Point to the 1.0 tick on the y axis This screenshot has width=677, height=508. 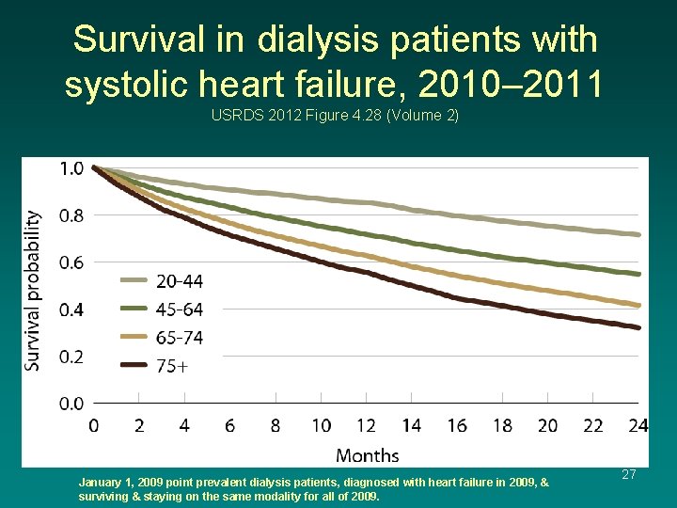(71, 168)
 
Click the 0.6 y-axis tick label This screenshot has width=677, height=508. (71, 262)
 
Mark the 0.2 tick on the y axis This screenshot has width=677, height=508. (71, 357)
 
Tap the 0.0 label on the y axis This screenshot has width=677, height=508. (71, 404)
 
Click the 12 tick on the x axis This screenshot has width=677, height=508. (366, 426)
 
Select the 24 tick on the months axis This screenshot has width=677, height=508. (638, 426)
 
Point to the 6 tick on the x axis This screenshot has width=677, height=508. (230, 426)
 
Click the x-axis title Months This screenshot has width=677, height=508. (367, 455)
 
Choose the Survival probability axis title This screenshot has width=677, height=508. (33, 290)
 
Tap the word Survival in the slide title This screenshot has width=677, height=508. (134, 40)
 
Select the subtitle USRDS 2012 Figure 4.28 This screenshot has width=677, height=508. (335, 117)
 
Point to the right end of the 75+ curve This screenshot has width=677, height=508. (639, 327)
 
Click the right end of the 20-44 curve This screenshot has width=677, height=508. (639, 234)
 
